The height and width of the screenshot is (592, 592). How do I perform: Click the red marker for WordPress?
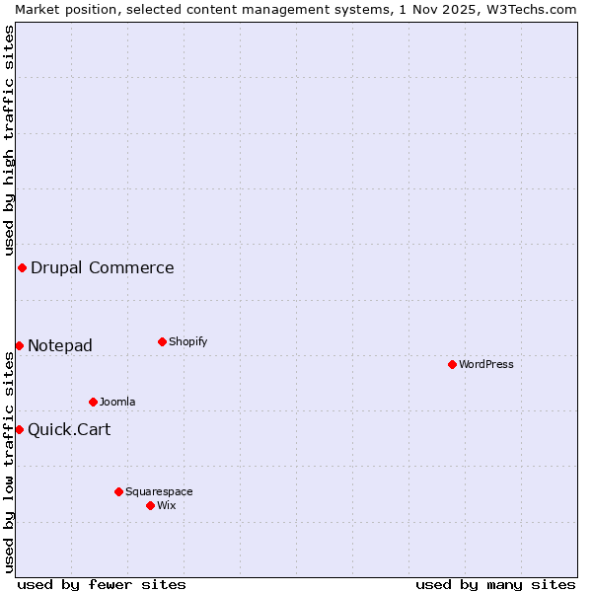[452, 364]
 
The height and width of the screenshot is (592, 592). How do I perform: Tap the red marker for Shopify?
[162, 341]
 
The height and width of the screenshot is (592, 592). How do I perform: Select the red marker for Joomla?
[93, 402]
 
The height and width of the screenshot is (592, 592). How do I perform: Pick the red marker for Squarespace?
[118, 491]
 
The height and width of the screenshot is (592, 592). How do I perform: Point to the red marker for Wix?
[150, 505]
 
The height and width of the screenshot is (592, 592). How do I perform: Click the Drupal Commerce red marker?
[22, 267]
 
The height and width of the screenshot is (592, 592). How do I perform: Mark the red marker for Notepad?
[19, 345]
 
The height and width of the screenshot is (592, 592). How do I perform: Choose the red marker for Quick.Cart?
[19, 429]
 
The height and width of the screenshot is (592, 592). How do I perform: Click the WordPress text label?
[486, 364]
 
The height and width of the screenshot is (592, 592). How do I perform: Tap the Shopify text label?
[188, 341]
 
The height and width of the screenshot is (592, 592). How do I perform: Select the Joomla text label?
[117, 402]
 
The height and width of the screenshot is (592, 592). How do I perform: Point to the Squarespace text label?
[159, 491]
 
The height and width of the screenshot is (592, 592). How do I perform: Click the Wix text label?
[167, 505]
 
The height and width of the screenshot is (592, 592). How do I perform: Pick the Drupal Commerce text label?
[103, 267]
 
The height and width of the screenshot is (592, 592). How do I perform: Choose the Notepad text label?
[60, 345]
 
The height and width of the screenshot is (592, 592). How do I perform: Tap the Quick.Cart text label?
[69, 429]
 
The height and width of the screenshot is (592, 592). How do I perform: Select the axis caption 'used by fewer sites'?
[102, 584]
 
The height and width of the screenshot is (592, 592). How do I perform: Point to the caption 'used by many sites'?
[495, 584]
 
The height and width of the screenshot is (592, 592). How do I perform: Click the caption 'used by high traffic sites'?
[9, 138]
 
